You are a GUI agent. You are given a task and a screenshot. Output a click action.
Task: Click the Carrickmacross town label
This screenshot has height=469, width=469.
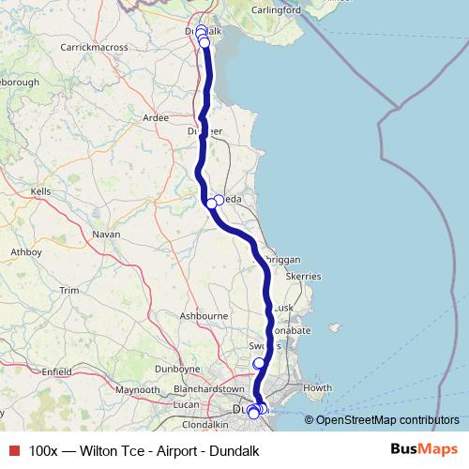[x=94, y=46]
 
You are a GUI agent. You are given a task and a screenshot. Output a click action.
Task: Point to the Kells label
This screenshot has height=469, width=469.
[x=40, y=191]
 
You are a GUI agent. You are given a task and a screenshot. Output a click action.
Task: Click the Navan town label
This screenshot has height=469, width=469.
[x=106, y=234]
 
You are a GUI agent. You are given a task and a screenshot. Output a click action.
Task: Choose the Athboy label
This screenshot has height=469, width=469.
[x=25, y=252]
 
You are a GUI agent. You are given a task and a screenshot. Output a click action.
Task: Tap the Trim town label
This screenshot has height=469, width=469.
[x=69, y=291]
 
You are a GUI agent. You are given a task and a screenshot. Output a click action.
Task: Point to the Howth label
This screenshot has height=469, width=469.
[x=317, y=387]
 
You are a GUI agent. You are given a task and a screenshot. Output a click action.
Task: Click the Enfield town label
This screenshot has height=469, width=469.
[x=55, y=372]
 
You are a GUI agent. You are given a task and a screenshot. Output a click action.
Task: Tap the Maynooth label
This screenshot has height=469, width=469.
[x=137, y=389]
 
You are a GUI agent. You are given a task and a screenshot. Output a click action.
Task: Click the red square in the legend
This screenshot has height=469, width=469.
[x=13, y=451]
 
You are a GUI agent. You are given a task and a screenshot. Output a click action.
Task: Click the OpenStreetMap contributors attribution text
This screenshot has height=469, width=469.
[x=387, y=420]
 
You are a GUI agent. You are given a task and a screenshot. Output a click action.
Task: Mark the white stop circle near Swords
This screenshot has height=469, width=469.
[x=259, y=364]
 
